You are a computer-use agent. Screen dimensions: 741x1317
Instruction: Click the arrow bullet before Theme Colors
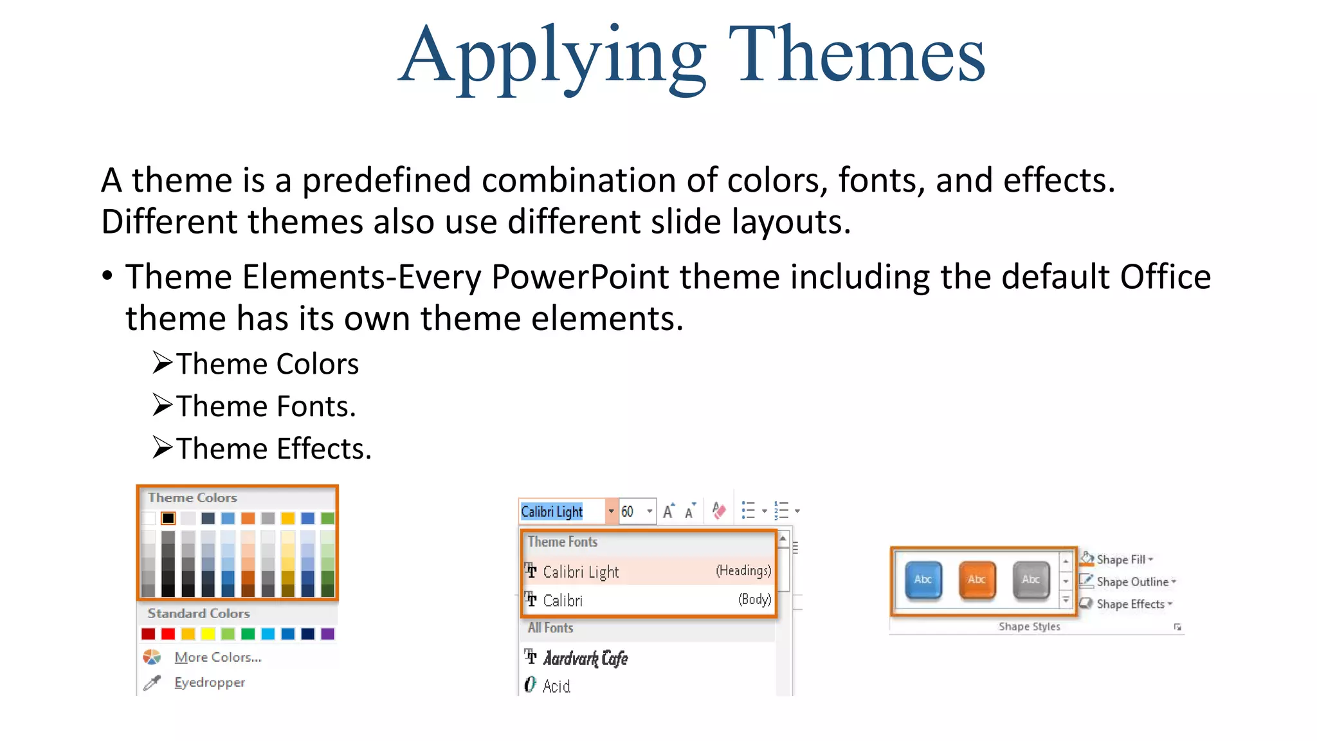pos(163,363)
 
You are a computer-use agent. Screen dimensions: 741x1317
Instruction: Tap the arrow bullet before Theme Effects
pos(163,448)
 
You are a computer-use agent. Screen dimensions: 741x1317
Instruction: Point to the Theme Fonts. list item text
pos(266,407)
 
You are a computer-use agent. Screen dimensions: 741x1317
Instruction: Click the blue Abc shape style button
pos(923,580)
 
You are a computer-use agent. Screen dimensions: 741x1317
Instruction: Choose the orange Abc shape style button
pos(977,580)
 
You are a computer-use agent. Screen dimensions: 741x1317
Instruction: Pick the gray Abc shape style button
pos(1031,580)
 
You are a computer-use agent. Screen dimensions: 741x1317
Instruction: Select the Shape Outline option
pos(1131,582)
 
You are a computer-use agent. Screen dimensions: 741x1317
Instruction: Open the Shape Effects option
pos(1130,604)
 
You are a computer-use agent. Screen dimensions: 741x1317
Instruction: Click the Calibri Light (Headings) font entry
pos(648,571)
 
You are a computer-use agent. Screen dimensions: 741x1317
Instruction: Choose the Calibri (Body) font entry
pos(648,600)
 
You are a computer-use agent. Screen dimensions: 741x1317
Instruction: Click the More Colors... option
pos(217,657)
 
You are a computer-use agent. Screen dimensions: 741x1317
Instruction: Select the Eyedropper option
pos(210,682)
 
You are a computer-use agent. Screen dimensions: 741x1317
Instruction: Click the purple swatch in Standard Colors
pos(327,634)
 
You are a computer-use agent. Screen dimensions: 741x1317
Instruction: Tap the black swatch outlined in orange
pos(168,518)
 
